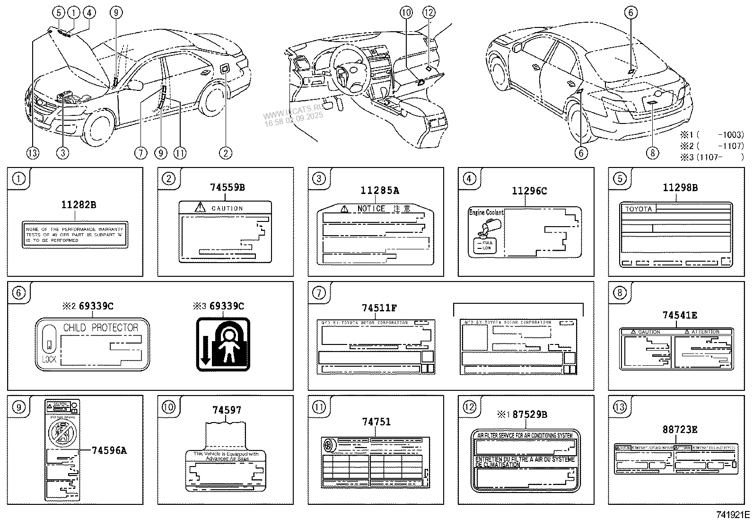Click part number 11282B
pos(79,205)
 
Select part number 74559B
pos(227,187)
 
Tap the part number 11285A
pos(379,191)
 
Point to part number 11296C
pos(529,191)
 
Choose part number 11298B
pos(680,187)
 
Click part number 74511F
pos(379,308)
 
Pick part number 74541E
pos(680,315)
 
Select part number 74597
pos(227,410)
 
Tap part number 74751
pos(376,422)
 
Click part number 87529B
pos(530,414)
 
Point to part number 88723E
pos(680,430)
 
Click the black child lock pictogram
pos(223,344)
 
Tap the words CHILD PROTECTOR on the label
pos(101,327)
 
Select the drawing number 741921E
pos(733,514)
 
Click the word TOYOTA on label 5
pos(639,209)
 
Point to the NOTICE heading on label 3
pos(371,209)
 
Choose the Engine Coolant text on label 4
pos(486,213)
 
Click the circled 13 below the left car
pos(33,153)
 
